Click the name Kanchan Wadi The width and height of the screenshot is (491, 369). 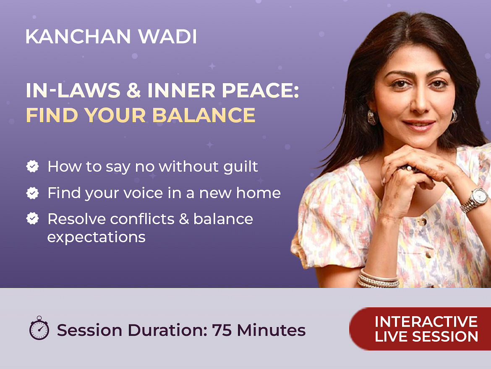[111, 37]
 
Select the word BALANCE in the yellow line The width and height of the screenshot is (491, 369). [204, 115]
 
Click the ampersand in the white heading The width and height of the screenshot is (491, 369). [134, 90]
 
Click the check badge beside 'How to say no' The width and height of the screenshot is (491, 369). [33, 166]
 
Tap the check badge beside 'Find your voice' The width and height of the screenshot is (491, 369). [33, 193]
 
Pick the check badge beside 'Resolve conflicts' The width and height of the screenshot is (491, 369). [33, 219]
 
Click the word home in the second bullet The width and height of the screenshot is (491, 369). [259, 193]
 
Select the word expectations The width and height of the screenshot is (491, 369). [97, 237]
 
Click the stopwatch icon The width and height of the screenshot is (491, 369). [39, 328]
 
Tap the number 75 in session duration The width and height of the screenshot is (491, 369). [222, 330]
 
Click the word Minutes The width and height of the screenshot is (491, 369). [271, 330]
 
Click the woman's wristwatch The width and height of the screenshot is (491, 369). [475, 199]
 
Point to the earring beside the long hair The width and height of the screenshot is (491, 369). [372, 117]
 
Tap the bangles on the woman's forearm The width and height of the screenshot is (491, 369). [379, 279]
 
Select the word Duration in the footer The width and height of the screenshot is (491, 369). [167, 330]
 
